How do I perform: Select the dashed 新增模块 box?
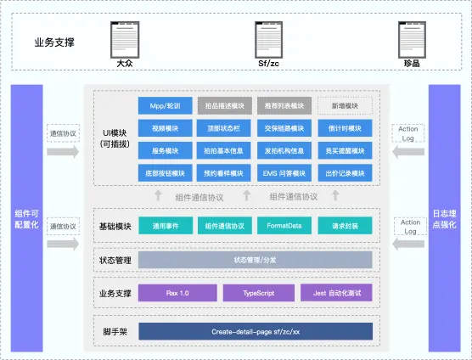[x=345, y=106]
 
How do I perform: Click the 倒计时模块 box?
[x=345, y=128]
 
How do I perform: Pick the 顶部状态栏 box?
[x=224, y=128]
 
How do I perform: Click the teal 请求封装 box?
[x=345, y=227]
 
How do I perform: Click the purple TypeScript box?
[x=255, y=293]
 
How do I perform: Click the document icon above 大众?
[x=124, y=39]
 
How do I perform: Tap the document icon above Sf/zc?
[x=268, y=39]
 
